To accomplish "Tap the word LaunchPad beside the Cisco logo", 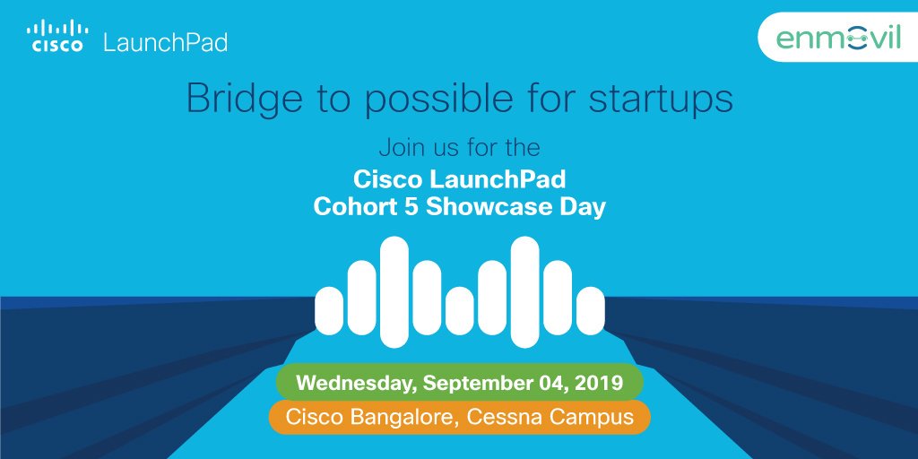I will [165, 42].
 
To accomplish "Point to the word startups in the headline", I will [661, 100].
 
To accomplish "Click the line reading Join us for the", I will [459, 145].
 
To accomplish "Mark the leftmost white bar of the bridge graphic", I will [329, 310].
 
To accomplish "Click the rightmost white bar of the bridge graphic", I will [590, 310].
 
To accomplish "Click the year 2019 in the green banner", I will [598, 383].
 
